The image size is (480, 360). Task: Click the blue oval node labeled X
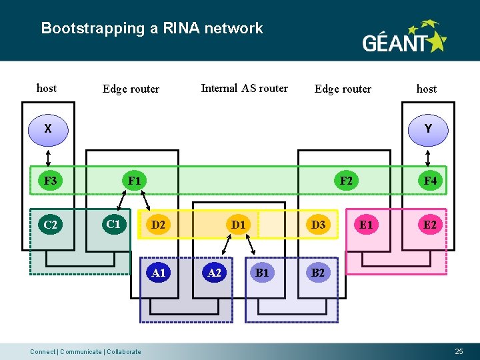coord(48,129)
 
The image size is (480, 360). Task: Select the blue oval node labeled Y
coord(427,129)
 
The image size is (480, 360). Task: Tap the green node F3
coord(50,181)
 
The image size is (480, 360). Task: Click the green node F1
coord(135,181)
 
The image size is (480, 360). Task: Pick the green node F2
coord(347,181)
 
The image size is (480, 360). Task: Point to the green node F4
coord(430,181)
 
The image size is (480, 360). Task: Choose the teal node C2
coord(50,225)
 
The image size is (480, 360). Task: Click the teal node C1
coord(113,224)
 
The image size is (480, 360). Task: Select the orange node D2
coord(159,225)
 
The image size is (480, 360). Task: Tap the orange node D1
coord(238,225)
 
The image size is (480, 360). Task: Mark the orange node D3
coord(319,225)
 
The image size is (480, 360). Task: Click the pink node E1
coord(366,225)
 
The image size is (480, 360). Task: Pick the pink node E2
coord(430,225)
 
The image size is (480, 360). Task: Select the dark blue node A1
coord(159,272)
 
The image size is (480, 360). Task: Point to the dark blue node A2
coord(215,272)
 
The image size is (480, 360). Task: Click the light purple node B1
coord(262,272)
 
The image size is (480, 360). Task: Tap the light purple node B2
coord(319,272)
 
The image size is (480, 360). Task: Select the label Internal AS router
coord(244,88)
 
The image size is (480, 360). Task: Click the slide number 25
coord(459,351)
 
